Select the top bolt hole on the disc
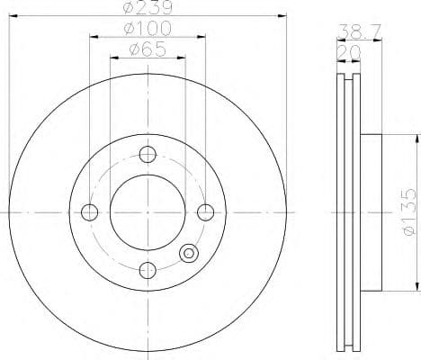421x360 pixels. click(x=148, y=154)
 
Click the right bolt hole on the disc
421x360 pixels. click(x=206, y=212)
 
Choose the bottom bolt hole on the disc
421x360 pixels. click(x=148, y=269)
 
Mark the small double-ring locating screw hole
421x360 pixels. click(x=189, y=253)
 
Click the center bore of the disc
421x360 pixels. click(x=148, y=212)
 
